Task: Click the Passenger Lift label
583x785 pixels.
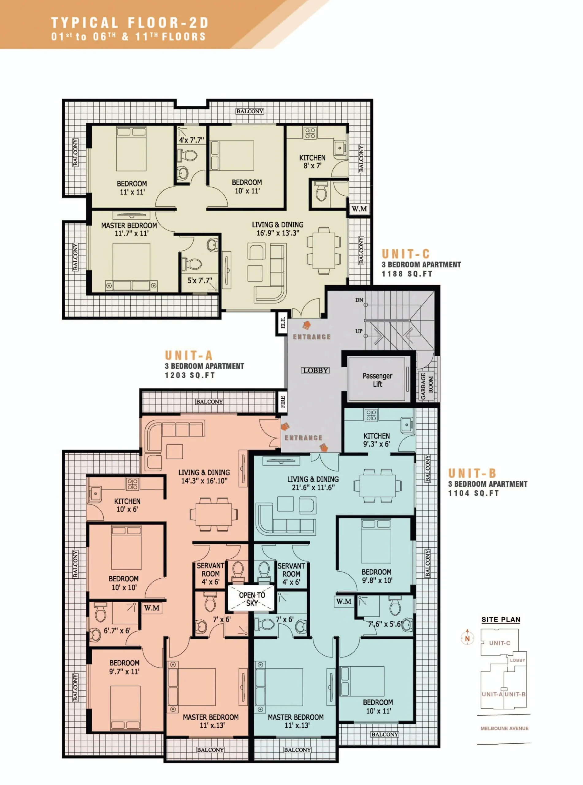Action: point(377,380)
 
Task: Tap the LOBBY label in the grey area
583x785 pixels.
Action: point(316,370)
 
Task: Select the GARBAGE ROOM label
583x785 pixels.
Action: point(427,386)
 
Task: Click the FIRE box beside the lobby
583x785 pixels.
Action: point(283,402)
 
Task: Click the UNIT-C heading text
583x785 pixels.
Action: point(405,254)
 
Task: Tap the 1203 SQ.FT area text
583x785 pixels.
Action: point(190,375)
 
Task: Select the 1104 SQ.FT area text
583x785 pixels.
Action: point(474,493)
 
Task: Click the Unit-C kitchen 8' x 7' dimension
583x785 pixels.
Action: point(312,166)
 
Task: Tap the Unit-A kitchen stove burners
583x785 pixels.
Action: point(132,484)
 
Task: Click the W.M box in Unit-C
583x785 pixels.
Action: point(359,209)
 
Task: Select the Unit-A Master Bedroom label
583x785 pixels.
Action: point(210,717)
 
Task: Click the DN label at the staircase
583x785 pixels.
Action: point(359,300)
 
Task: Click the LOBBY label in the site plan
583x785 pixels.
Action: point(517,660)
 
